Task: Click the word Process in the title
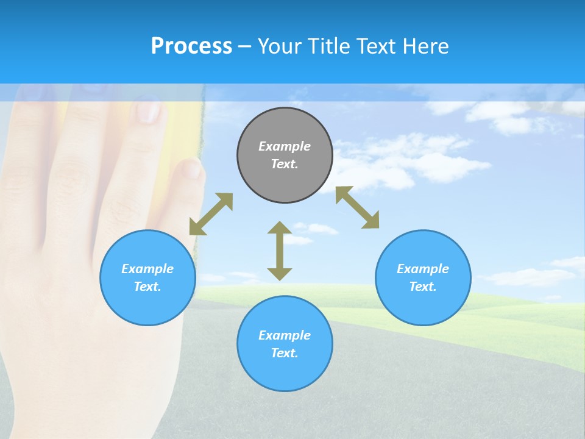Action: pos(191,46)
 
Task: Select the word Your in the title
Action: pos(280,46)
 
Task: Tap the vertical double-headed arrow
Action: pos(280,251)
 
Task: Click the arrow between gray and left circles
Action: pos(211,214)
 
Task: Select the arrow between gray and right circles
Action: pos(358,208)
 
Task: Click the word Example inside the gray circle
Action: pos(285,146)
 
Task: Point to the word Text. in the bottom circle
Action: pos(285,353)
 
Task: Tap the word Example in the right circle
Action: pos(423,269)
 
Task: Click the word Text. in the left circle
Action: pos(147,287)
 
